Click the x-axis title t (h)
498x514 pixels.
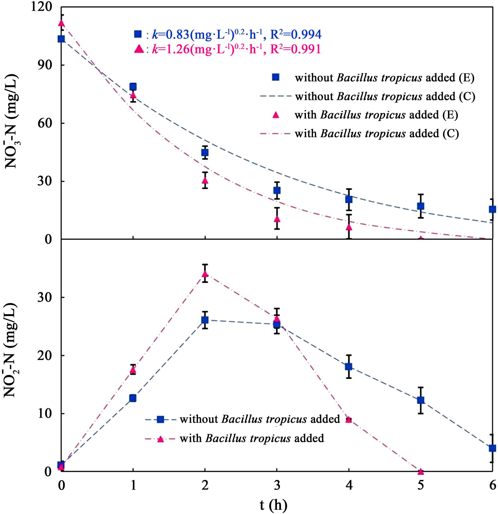pyautogui.click(x=273, y=504)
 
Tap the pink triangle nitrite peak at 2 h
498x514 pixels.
pyautogui.click(x=205, y=274)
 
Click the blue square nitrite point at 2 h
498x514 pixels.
pyautogui.click(x=205, y=320)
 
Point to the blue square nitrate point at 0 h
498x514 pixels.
pyautogui.click(x=61, y=39)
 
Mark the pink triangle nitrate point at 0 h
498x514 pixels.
pyautogui.click(x=61, y=23)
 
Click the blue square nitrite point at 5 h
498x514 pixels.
pyautogui.click(x=421, y=400)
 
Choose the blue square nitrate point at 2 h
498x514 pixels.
pyautogui.click(x=205, y=152)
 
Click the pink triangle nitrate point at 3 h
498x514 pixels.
pyautogui.click(x=277, y=218)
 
